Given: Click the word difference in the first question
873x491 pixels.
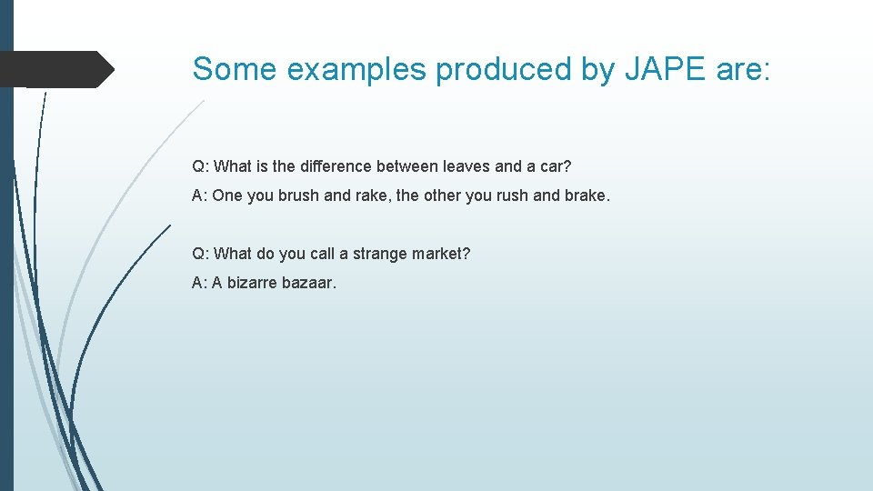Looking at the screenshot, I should pos(336,166).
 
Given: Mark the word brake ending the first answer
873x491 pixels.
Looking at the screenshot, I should pos(581,195).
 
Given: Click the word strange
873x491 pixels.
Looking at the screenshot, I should pos(380,254).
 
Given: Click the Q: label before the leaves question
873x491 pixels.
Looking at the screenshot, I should pos(200,166).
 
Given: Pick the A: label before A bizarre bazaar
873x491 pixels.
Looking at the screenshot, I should pos(199,283).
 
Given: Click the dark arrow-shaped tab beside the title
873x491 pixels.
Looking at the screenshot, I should pos(55,69).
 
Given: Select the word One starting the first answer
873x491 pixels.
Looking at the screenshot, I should pos(227,195).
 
